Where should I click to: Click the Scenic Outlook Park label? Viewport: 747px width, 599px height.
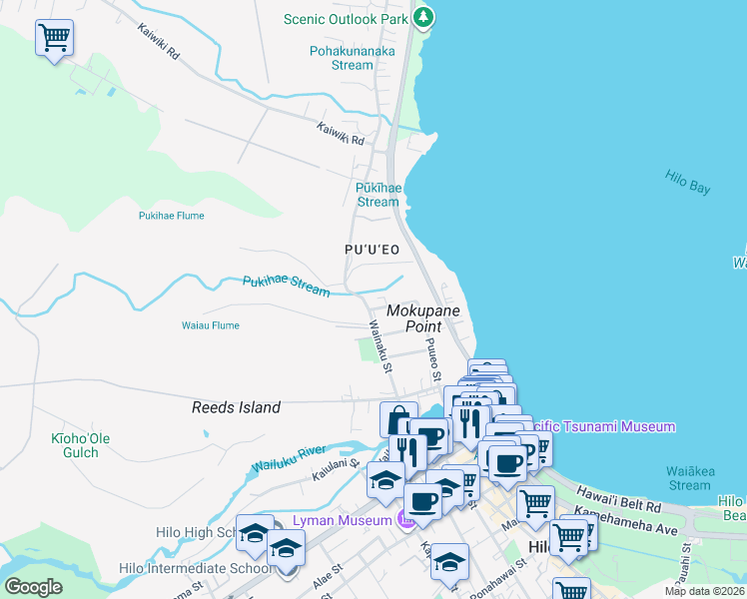pos(347,18)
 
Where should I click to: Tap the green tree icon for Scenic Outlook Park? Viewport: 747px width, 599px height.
pos(423,17)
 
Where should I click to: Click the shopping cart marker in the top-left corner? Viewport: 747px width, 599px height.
pos(54,39)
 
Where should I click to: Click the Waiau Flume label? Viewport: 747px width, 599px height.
pos(210,325)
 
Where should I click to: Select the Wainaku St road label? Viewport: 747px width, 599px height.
pos(379,344)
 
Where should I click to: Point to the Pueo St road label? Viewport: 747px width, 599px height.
pos(433,360)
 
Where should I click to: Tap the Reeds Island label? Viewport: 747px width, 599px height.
pos(236,407)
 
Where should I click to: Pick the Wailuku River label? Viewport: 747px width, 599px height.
pos(290,459)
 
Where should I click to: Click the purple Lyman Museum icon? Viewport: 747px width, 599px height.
pos(405,520)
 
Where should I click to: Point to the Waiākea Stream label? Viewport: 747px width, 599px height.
pos(689,478)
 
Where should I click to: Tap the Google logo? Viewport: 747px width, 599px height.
pos(34,587)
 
